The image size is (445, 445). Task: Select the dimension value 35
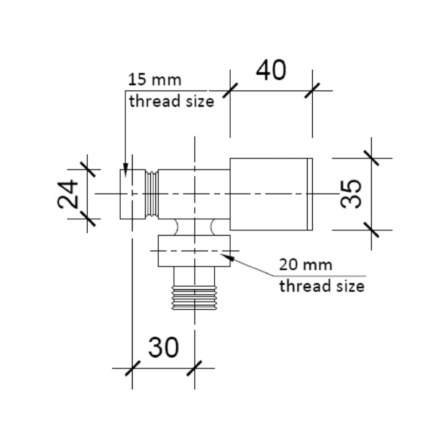(351, 194)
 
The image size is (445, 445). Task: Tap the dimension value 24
(68, 194)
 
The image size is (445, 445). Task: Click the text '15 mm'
(155, 81)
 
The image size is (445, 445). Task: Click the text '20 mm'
(306, 265)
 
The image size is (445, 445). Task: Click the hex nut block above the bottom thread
(194, 251)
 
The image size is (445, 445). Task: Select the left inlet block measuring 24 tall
(133, 194)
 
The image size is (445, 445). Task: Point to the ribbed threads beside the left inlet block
(152, 194)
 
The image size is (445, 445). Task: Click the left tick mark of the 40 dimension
(230, 90)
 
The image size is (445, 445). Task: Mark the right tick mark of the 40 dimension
(312, 90)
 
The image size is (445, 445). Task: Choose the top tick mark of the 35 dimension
(371, 158)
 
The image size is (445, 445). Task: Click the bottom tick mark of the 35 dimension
(371, 230)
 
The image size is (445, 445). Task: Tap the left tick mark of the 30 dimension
(132, 368)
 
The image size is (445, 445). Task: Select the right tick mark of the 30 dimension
(194, 368)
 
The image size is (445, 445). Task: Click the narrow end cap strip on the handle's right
(310, 194)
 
